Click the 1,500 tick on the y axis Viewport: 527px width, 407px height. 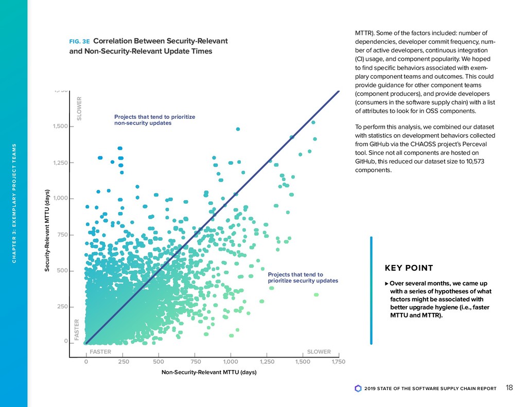61,127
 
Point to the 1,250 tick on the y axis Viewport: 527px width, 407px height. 61,163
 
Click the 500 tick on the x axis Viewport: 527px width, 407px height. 159,362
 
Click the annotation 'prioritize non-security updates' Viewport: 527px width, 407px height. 154,120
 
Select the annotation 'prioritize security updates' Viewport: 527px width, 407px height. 303,278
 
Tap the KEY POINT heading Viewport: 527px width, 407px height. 409,268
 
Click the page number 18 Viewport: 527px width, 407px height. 509,388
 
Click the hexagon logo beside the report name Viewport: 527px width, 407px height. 358,388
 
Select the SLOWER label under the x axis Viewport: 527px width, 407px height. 319,352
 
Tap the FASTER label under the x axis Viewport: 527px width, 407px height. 100,352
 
